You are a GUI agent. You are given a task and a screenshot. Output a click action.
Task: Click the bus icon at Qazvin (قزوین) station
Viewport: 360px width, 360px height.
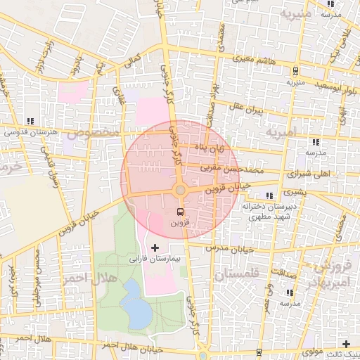[180, 211]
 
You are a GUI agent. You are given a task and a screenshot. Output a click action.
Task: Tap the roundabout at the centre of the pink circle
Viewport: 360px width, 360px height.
[180, 190]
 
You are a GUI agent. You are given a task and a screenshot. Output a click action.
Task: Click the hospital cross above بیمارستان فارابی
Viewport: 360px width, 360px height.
[155, 248]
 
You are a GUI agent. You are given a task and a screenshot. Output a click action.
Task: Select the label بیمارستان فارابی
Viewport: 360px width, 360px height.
[155, 259]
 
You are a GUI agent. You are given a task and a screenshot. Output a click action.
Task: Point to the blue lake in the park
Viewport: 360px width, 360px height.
[135, 303]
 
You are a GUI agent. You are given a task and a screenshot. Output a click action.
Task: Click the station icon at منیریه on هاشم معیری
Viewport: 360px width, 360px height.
[296, 71]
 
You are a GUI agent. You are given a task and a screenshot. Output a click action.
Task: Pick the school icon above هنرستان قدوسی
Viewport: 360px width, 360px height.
[29, 120]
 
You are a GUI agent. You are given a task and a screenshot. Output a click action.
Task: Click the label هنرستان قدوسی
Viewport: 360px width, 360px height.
[29, 131]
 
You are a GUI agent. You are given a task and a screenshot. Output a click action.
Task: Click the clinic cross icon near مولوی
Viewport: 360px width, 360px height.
[345, 344]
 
